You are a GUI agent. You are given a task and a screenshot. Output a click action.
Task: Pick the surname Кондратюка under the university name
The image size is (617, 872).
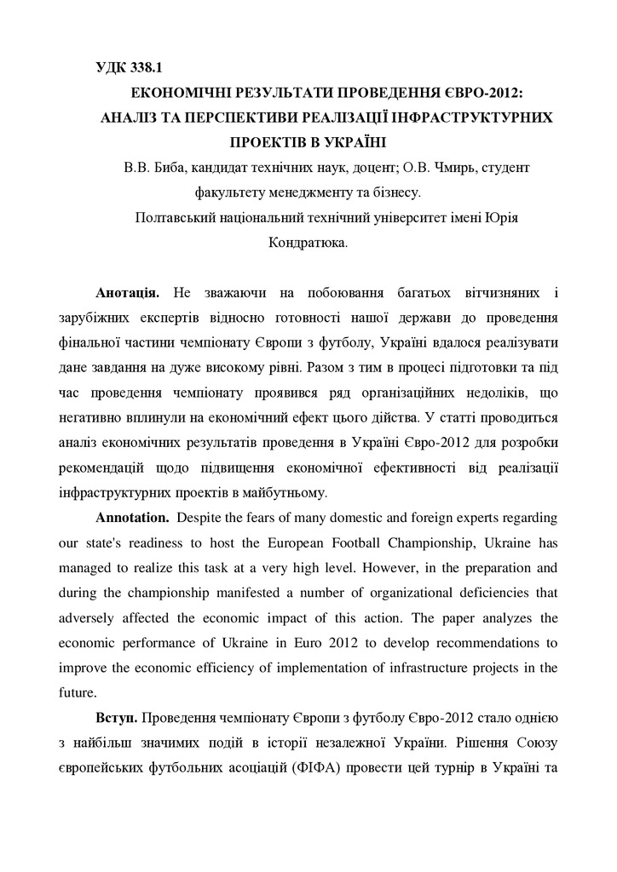307,242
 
